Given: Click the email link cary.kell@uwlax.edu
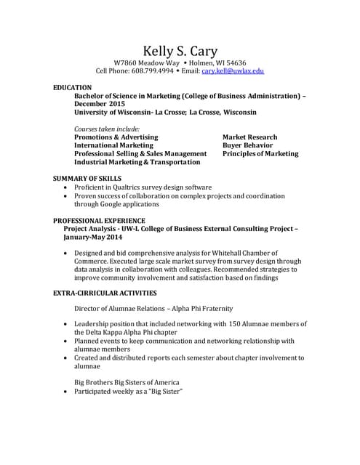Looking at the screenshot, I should pos(233,71).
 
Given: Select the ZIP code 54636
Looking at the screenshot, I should pos(233,62).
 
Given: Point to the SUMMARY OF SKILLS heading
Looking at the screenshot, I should pos(87,178).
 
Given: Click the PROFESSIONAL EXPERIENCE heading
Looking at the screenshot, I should pos(99,220).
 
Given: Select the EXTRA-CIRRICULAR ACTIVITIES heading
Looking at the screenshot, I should pos(105,293).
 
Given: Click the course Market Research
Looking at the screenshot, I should pos(249,137).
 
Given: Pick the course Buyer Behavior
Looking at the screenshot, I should pos(247,145).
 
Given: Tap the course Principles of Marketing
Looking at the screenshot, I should pos(260,154).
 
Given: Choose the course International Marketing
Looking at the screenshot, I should pos(114,145).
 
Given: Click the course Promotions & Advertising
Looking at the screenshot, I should pos(116,137).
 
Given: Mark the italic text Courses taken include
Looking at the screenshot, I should pos(107,129).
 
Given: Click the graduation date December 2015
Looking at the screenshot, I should pos(100,104).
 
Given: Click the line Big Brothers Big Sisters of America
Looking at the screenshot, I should pos(127,382).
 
